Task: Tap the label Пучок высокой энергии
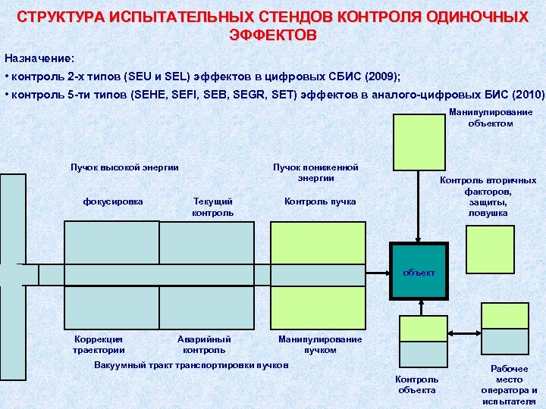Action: tap(124, 167)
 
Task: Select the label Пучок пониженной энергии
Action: tap(315, 173)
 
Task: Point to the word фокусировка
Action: tap(113, 201)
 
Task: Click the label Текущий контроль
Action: tap(213, 208)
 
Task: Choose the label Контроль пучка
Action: tap(319, 201)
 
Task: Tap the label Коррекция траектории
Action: tap(99, 345)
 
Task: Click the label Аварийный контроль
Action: tap(204, 345)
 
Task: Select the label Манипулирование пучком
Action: tap(320, 345)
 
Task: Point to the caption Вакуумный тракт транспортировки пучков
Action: tap(191, 365)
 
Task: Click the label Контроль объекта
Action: tap(417, 384)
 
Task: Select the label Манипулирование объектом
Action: tap(491, 117)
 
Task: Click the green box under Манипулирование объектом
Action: tap(419, 142)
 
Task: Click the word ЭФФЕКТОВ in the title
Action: tap(273, 36)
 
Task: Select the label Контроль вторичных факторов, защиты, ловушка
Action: tap(488, 197)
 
